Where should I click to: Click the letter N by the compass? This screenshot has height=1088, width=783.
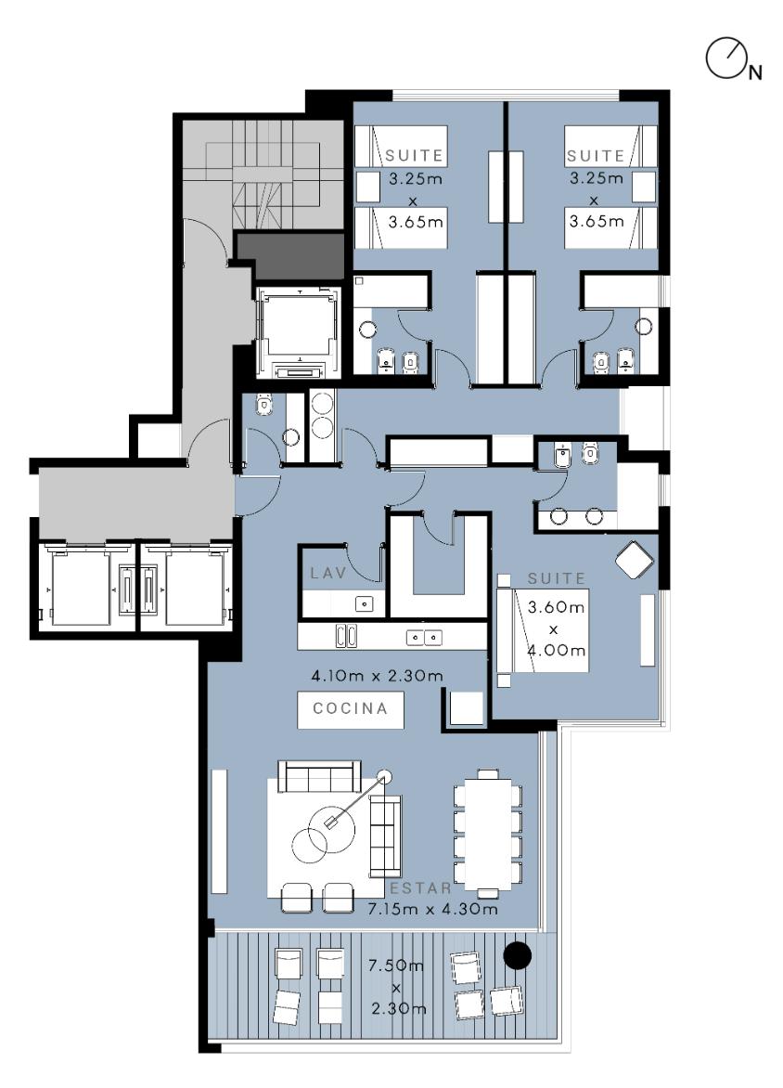[x=755, y=72]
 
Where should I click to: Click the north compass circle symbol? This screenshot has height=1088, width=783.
[x=725, y=58]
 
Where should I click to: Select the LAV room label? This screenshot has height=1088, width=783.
[x=327, y=573]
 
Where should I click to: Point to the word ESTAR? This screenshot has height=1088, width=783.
[x=420, y=888]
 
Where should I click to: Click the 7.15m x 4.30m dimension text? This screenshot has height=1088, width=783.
[x=432, y=908]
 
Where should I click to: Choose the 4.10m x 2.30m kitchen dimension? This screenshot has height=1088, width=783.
[x=377, y=675]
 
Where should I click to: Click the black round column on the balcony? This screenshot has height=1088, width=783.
[x=517, y=955]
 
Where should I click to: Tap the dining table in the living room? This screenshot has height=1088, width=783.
[x=488, y=833]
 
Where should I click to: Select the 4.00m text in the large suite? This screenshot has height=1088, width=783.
[x=557, y=650]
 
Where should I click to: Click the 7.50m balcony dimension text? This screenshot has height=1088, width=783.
[x=396, y=965]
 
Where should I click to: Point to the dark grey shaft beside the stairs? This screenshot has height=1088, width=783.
[x=290, y=254]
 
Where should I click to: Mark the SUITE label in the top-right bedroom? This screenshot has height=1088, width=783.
[x=596, y=155]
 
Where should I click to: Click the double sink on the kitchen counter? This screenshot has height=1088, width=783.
[x=424, y=637]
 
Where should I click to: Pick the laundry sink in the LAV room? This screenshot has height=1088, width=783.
[x=364, y=604]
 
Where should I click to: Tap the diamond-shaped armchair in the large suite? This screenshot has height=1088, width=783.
[x=635, y=559]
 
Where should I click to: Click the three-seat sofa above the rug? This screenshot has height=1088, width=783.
[x=320, y=776]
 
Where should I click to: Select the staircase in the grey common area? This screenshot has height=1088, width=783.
[x=263, y=175]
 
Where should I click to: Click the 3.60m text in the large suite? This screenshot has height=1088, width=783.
[x=557, y=607]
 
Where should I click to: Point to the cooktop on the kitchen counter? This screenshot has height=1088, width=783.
[x=347, y=636]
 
